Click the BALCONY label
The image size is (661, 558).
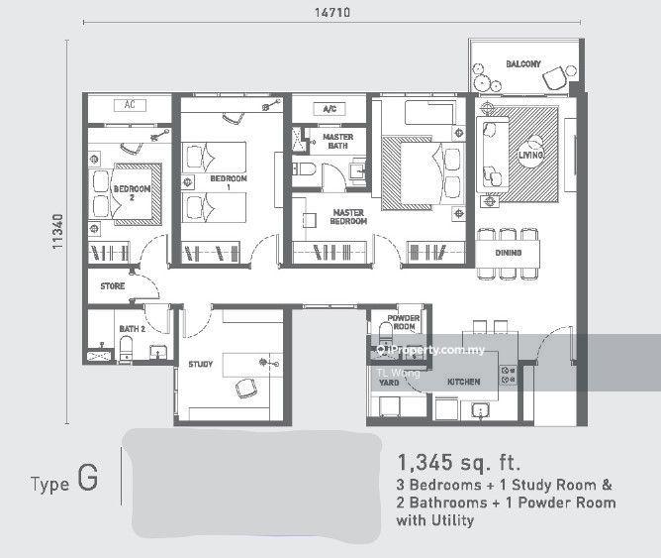[523, 64]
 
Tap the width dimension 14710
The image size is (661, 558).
[332, 12]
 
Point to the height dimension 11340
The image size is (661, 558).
[57, 232]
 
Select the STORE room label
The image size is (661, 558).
[113, 286]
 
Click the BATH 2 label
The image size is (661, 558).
[133, 329]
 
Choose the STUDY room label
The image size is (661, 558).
[201, 365]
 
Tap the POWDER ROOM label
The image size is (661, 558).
[404, 322]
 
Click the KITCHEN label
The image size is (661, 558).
[464, 382]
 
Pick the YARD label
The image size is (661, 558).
[389, 383]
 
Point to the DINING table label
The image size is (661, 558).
[509, 253]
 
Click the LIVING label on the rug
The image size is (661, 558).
[530, 155]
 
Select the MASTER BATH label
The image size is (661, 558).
[338, 142]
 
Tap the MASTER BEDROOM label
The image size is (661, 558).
[348, 217]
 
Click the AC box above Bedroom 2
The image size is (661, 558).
[130, 105]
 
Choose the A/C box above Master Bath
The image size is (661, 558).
[330, 109]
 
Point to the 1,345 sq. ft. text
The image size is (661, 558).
[459, 463]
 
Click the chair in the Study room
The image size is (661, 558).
[245, 389]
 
